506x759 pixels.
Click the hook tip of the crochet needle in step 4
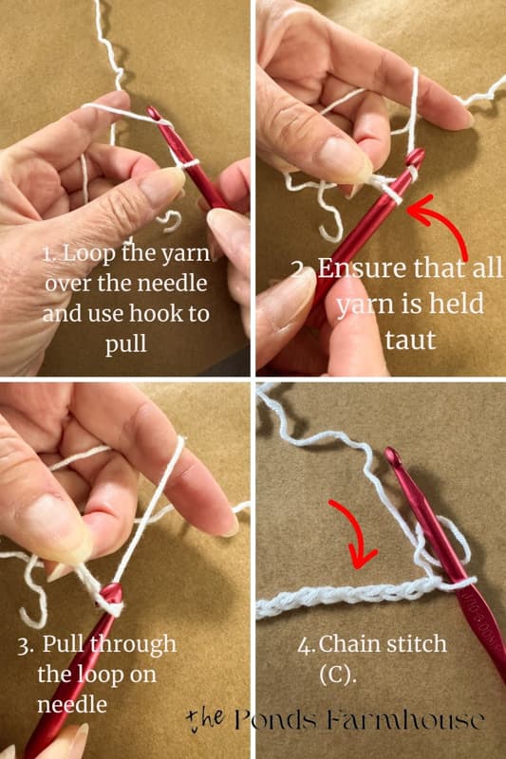[x=391, y=456]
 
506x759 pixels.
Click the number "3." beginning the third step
[x=49, y=645]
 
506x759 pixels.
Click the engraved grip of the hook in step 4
[x=479, y=607]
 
